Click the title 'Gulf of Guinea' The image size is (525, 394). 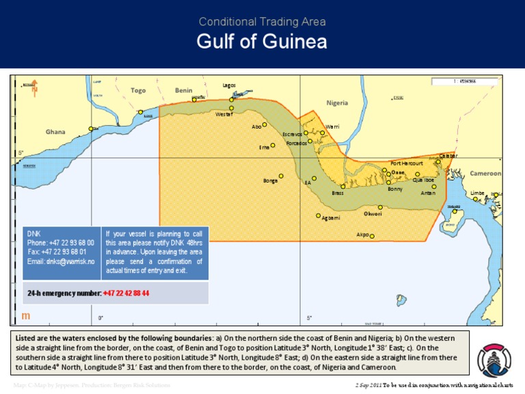262,42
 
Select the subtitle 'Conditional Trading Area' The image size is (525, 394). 262,21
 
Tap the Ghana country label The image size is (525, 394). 55,131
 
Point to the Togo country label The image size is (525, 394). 139,90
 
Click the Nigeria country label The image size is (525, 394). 337,103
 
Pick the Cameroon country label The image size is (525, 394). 485,174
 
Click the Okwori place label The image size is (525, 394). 373,214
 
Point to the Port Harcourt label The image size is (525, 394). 407,163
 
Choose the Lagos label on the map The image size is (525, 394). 229,86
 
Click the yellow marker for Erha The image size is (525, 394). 273,144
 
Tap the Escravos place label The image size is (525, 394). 292,134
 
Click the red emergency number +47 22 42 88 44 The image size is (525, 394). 126,293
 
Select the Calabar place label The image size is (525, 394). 448,156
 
